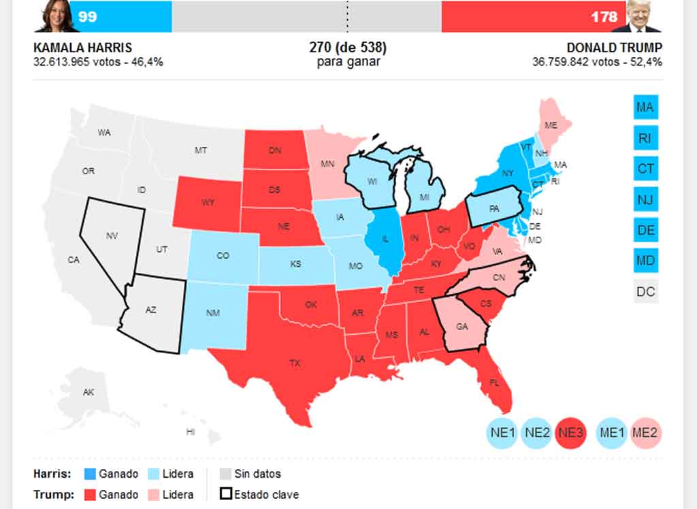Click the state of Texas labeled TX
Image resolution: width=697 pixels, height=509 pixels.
click(294, 363)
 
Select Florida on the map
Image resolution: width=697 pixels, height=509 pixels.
click(493, 382)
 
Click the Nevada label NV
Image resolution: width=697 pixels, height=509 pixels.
click(112, 235)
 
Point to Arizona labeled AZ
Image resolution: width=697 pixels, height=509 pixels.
click(151, 310)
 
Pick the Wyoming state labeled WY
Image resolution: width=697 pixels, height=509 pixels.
click(207, 202)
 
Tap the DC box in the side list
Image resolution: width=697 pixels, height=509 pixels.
click(645, 292)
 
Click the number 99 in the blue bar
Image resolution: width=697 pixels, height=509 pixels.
click(87, 16)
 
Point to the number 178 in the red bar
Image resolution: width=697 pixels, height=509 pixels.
click(604, 16)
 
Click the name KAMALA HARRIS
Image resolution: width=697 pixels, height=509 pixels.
click(82, 48)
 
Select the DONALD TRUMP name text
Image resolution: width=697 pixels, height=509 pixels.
click(614, 48)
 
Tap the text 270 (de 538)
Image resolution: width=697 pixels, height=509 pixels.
click(348, 48)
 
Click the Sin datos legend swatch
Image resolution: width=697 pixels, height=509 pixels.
click(225, 474)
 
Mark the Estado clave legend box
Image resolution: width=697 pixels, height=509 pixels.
click(225, 495)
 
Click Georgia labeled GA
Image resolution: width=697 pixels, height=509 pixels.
click(462, 327)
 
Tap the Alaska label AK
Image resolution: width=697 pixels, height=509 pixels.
click(88, 393)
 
